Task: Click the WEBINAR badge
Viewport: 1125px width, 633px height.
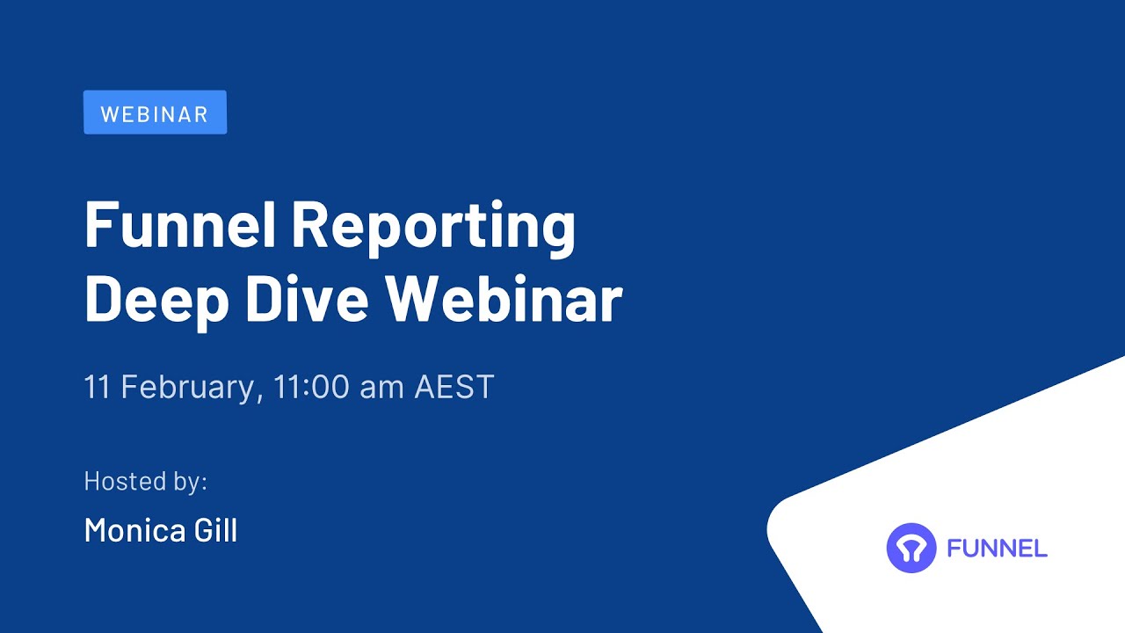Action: (155, 113)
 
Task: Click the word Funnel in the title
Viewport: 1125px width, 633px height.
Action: (179, 225)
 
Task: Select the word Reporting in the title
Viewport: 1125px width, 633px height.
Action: (432, 227)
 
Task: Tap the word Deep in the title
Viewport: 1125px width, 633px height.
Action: (156, 300)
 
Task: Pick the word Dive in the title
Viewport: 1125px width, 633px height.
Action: (307, 299)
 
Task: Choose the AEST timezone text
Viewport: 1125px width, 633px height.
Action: (454, 387)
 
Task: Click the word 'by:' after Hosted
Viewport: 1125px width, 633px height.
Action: (190, 483)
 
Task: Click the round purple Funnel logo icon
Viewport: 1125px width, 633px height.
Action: (911, 548)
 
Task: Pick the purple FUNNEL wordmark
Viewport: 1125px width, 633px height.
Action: (997, 549)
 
